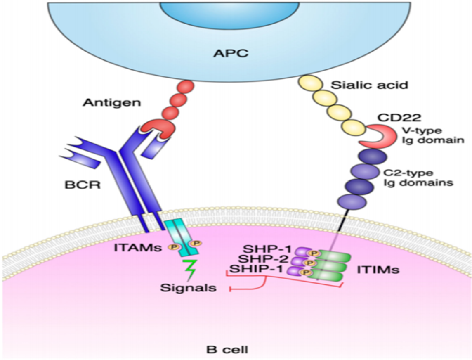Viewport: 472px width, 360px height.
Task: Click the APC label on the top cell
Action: click(x=231, y=53)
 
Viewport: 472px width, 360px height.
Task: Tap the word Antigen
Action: click(x=112, y=103)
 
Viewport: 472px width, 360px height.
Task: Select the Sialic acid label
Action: click(x=369, y=85)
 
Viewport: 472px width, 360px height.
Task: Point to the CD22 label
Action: click(x=399, y=117)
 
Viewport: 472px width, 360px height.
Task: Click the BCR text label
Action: click(x=83, y=185)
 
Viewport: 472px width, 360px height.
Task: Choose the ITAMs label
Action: click(x=138, y=248)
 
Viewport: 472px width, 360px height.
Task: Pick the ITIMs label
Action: click(x=378, y=270)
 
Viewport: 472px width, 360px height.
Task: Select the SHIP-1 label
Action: click(x=256, y=269)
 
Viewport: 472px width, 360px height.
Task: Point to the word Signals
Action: click(x=189, y=288)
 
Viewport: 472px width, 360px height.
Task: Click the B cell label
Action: click(x=227, y=350)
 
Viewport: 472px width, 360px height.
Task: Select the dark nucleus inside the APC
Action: click(x=229, y=15)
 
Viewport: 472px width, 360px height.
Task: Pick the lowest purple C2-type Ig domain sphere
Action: click(x=352, y=201)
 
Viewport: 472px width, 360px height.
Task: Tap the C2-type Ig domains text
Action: click(x=418, y=178)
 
